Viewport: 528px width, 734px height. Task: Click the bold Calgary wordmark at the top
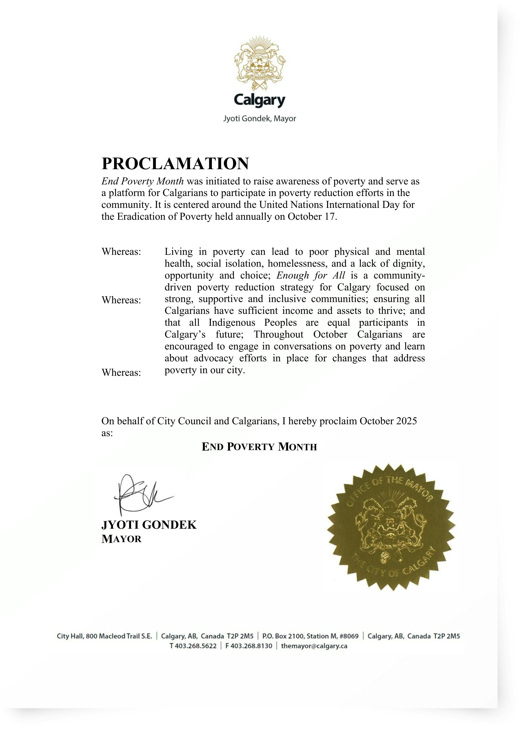[259, 100]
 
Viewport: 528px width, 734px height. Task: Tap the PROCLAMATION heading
[175, 164]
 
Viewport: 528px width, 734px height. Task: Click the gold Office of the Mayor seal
[391, 527]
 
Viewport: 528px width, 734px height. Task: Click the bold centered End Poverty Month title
[259, 447]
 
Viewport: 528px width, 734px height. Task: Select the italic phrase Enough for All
[311, 275]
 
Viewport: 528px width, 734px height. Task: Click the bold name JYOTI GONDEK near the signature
[149, 525]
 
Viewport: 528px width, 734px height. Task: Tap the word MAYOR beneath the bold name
[122, 539]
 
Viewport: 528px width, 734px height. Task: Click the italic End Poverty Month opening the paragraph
[142, 181]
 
